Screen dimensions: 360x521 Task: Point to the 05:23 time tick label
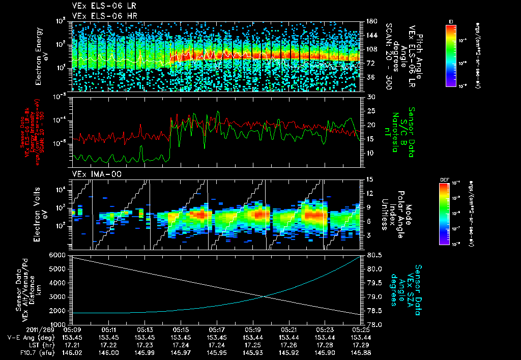tap(325, 329)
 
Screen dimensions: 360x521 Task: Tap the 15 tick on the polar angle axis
tap(370, 179)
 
